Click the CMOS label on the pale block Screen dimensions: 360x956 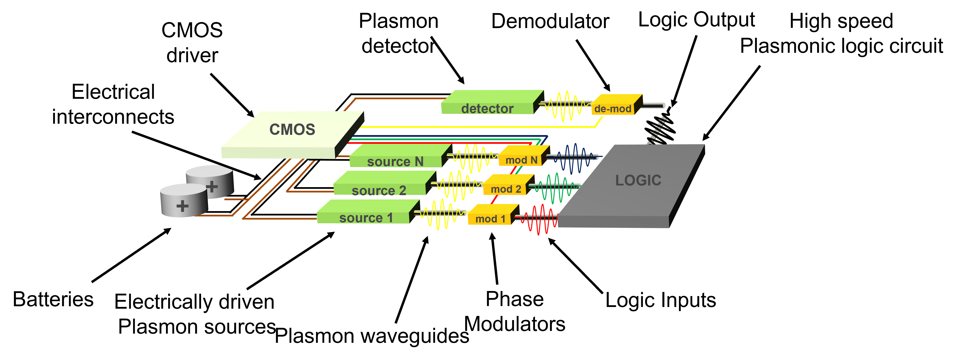[x=292, y=130]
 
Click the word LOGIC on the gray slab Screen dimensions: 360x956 [x=638, y=180]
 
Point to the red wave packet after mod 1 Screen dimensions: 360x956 [x=538, y=219]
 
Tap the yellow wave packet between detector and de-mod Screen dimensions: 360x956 [x=566, y=106]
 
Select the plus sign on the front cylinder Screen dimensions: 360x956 [x=182, y=206]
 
